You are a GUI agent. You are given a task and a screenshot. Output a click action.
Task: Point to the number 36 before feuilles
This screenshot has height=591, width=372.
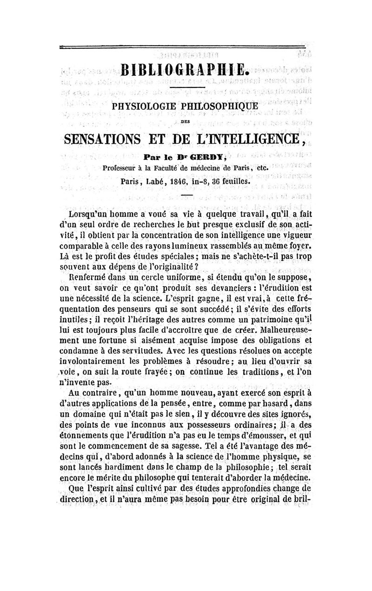[217, 182]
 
